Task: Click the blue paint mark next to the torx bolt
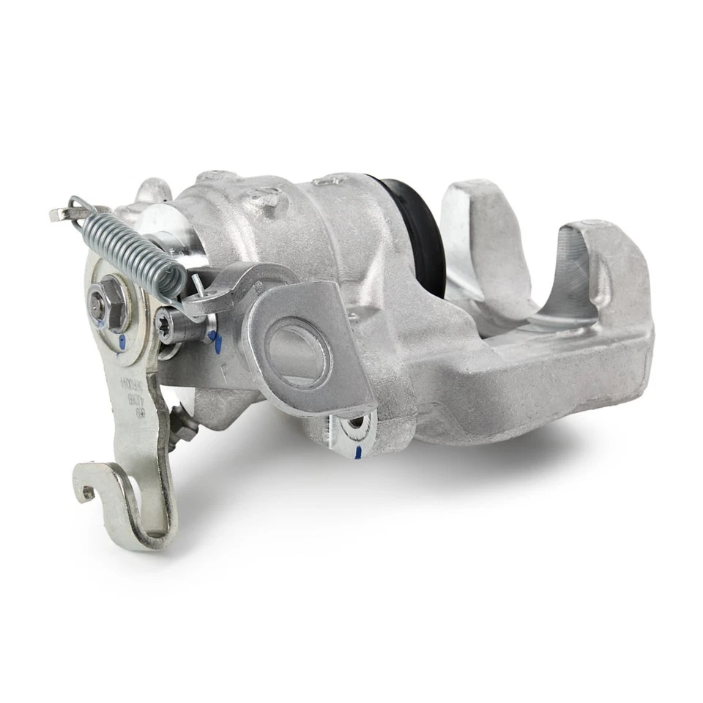pos(215,338)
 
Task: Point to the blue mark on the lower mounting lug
pos(357,452)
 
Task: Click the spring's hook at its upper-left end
pos(73,209)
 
